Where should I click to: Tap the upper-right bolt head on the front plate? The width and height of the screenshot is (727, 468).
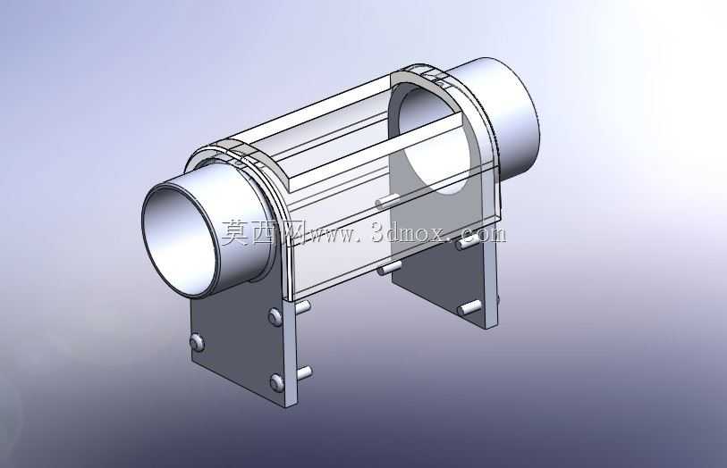coord(275,317)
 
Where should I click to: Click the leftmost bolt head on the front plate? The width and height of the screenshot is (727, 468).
coord(197,342)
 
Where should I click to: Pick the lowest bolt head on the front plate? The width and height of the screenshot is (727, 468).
coord(277,382)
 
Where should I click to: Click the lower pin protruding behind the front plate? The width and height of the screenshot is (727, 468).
coord(304,372)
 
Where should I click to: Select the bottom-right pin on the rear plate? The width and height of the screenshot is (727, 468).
coord(469,307)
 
